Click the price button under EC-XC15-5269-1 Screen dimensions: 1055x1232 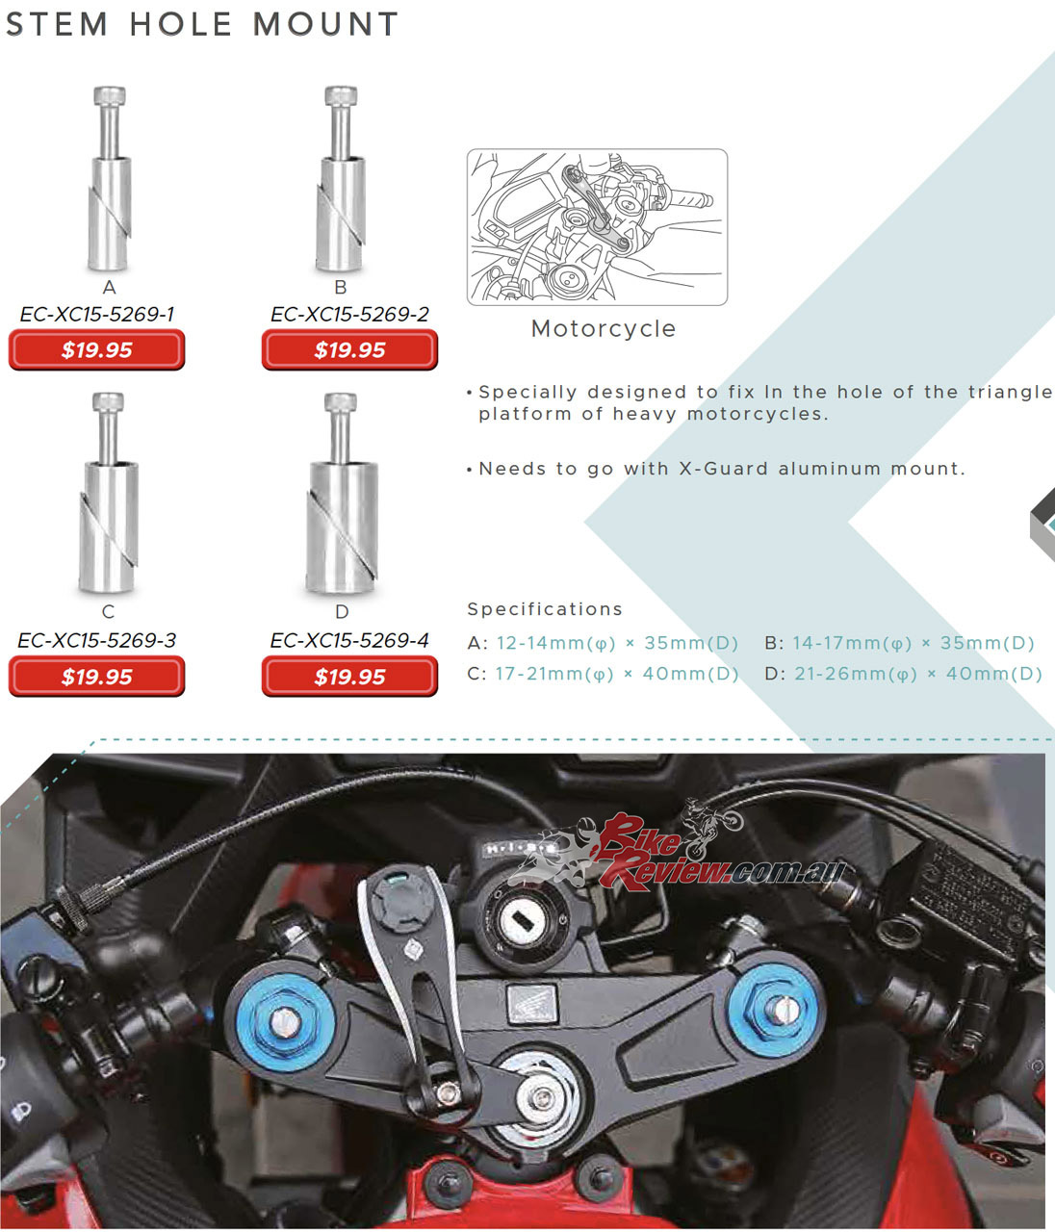point(96,350)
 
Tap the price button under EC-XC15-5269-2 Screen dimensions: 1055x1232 point(349,350)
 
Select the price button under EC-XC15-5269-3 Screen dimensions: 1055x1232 point(96,677)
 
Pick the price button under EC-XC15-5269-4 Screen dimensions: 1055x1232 point(349,677)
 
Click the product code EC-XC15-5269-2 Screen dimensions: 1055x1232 point(349,314)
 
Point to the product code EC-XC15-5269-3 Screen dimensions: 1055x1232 point(96,640)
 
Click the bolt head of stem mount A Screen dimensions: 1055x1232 point(110,95)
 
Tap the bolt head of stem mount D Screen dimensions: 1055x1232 point(341,402)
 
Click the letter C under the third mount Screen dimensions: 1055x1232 point(108,611)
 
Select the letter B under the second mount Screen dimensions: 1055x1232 point(341,287)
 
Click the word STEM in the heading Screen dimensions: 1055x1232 point(57,24)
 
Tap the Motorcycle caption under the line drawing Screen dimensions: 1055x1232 point(604,329)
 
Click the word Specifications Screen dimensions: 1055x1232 point(544,609)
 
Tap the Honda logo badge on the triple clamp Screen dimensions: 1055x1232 point(531,1003)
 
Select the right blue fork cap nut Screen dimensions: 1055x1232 point(773,1010)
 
